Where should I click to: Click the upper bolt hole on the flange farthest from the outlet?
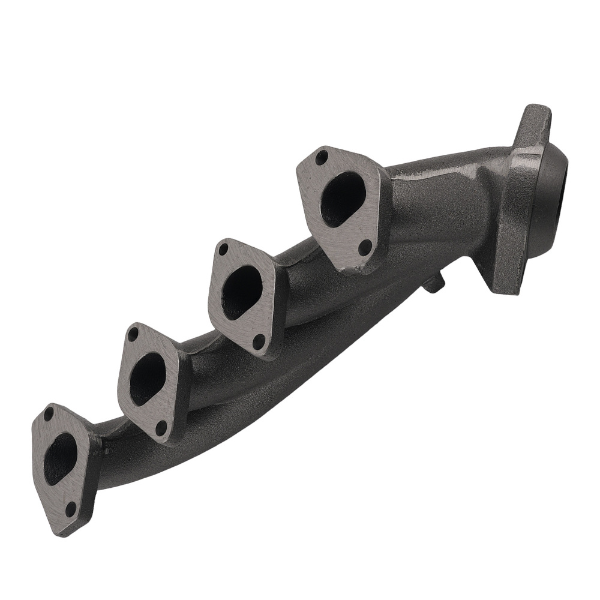pyautogui.click(x=49, y=414)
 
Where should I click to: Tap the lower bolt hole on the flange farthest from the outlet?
pyautogui.click(x=70, y=509)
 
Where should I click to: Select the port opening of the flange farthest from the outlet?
pyautogui.click(x=60, y=458)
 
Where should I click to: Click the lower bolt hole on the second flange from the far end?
pyautogui.click(x=160, y=427)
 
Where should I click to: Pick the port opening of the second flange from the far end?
pyautogui.click(x=147, y=379)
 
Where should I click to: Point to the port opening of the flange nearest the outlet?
pyautogui.click(x=343, y=199)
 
